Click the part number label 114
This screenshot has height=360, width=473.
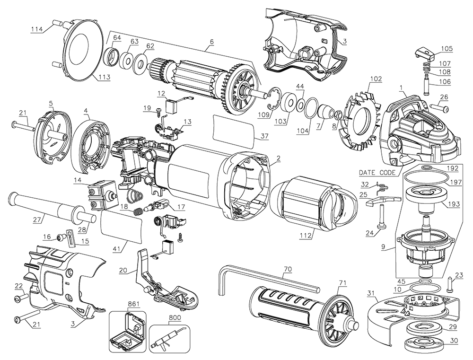tap(36, 29)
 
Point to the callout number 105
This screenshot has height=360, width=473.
tap(447, 49)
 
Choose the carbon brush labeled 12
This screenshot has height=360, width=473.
tap(171, 106)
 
